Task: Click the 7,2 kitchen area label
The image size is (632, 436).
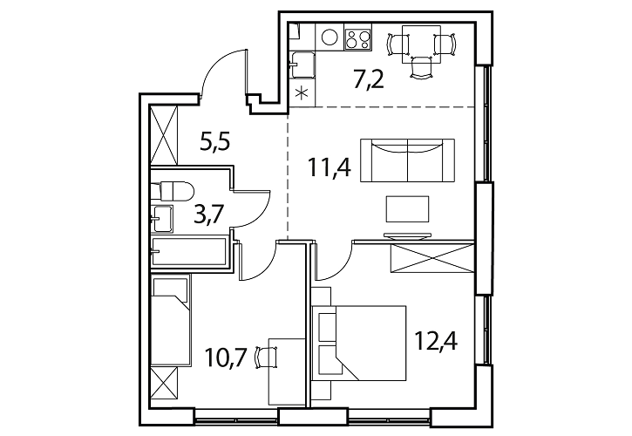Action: click(x=369, y=80)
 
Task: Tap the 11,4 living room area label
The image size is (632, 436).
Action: click(x=330, y=167)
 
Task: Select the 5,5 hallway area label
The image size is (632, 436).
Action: click(x=215, y=142)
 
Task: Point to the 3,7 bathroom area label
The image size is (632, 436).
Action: click(x=208, y=215)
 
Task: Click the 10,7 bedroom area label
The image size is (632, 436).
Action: click(x=226, y=357)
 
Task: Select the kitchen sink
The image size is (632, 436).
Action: click(x=302, y=65)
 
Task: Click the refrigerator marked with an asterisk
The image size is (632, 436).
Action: click(x=302, y=93)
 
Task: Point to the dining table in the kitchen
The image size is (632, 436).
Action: click(x=421, y=44)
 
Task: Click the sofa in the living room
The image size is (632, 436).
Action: click(x=407, y=160)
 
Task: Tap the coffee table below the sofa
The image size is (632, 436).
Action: click(x=407, y=208)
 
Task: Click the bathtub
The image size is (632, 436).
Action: click(x=189, y=252)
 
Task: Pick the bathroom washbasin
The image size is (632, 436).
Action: click(x=162, y=219)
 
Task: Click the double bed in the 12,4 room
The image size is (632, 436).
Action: click(x=359, y=343)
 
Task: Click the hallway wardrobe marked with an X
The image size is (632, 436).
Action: click(x=164, y=134)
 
